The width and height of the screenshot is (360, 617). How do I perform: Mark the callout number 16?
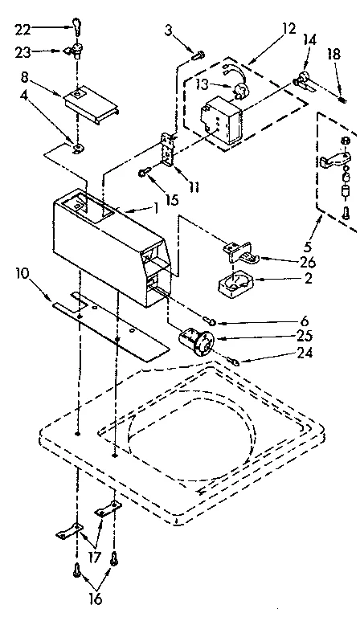(x=95, y=599)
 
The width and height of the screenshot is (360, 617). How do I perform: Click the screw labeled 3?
(x=198, y=54)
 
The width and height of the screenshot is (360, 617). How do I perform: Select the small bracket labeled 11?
(x=170, y=149)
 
